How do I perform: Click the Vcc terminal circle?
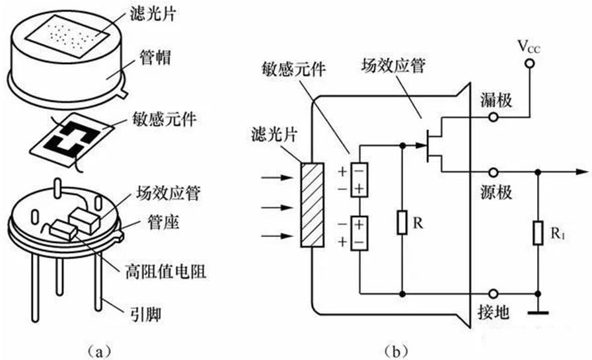(529, 64)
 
